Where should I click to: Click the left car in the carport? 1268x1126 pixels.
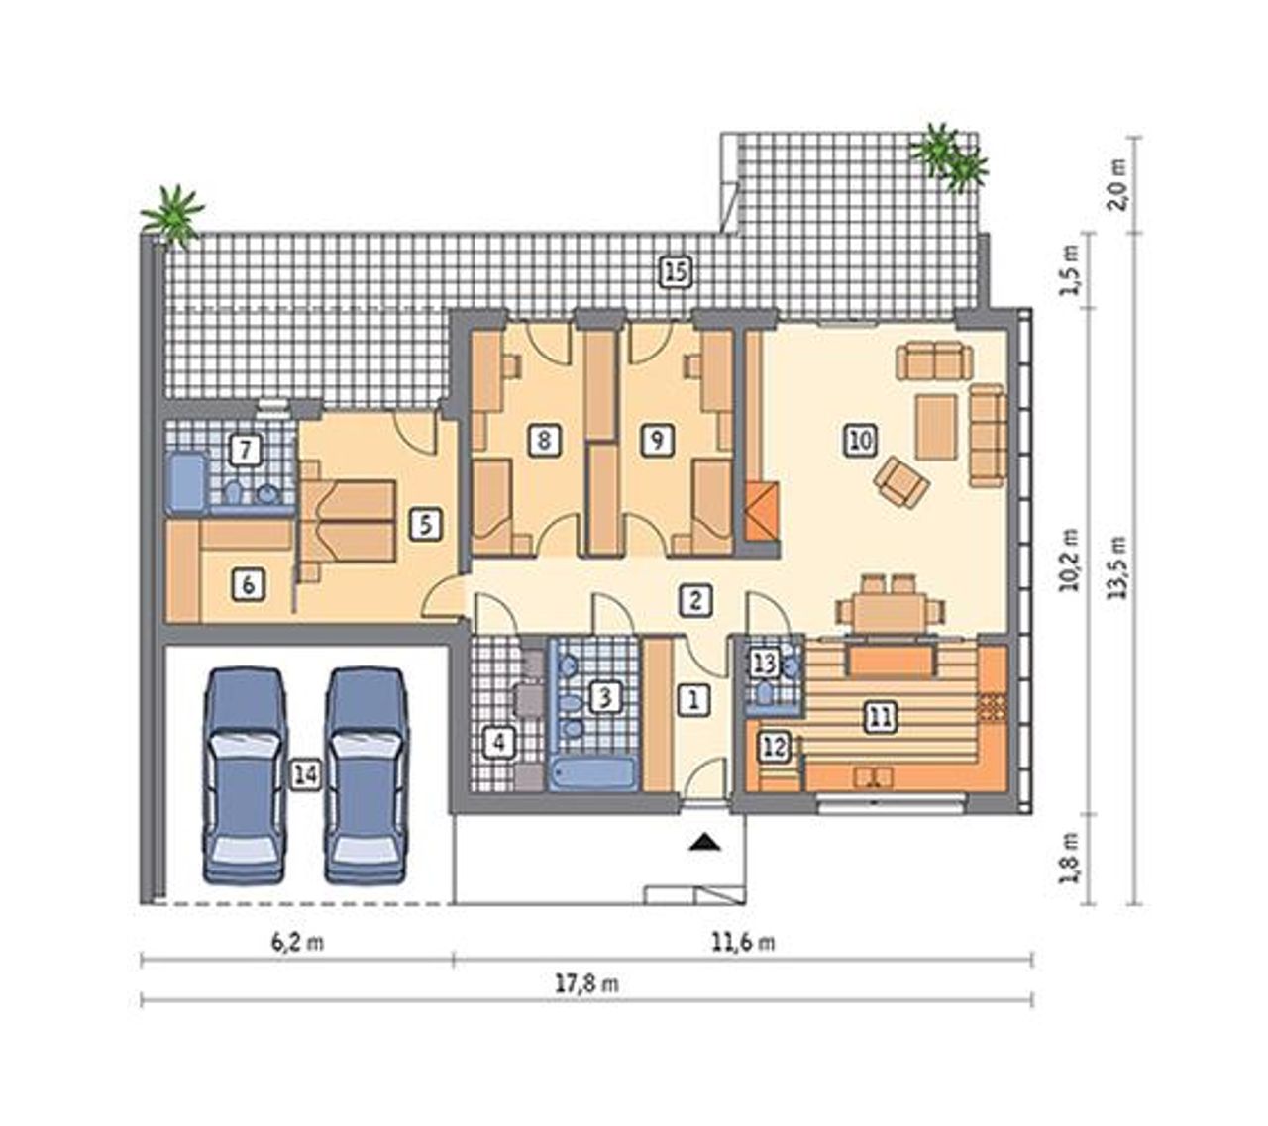[245, 774]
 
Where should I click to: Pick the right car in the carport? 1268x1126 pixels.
[368, 774]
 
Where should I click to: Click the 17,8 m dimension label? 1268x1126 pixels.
[587, 984]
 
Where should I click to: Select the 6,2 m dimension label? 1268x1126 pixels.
[297, 943]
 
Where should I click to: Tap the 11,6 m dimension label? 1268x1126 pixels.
[743, 943]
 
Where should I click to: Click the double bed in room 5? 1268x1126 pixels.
[349, 520]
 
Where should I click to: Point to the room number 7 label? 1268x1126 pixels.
[246, 450]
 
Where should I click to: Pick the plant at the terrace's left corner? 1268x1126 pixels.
[172, 214]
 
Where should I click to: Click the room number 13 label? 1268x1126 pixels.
[766, 664]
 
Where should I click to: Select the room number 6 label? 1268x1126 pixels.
[248, 586]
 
